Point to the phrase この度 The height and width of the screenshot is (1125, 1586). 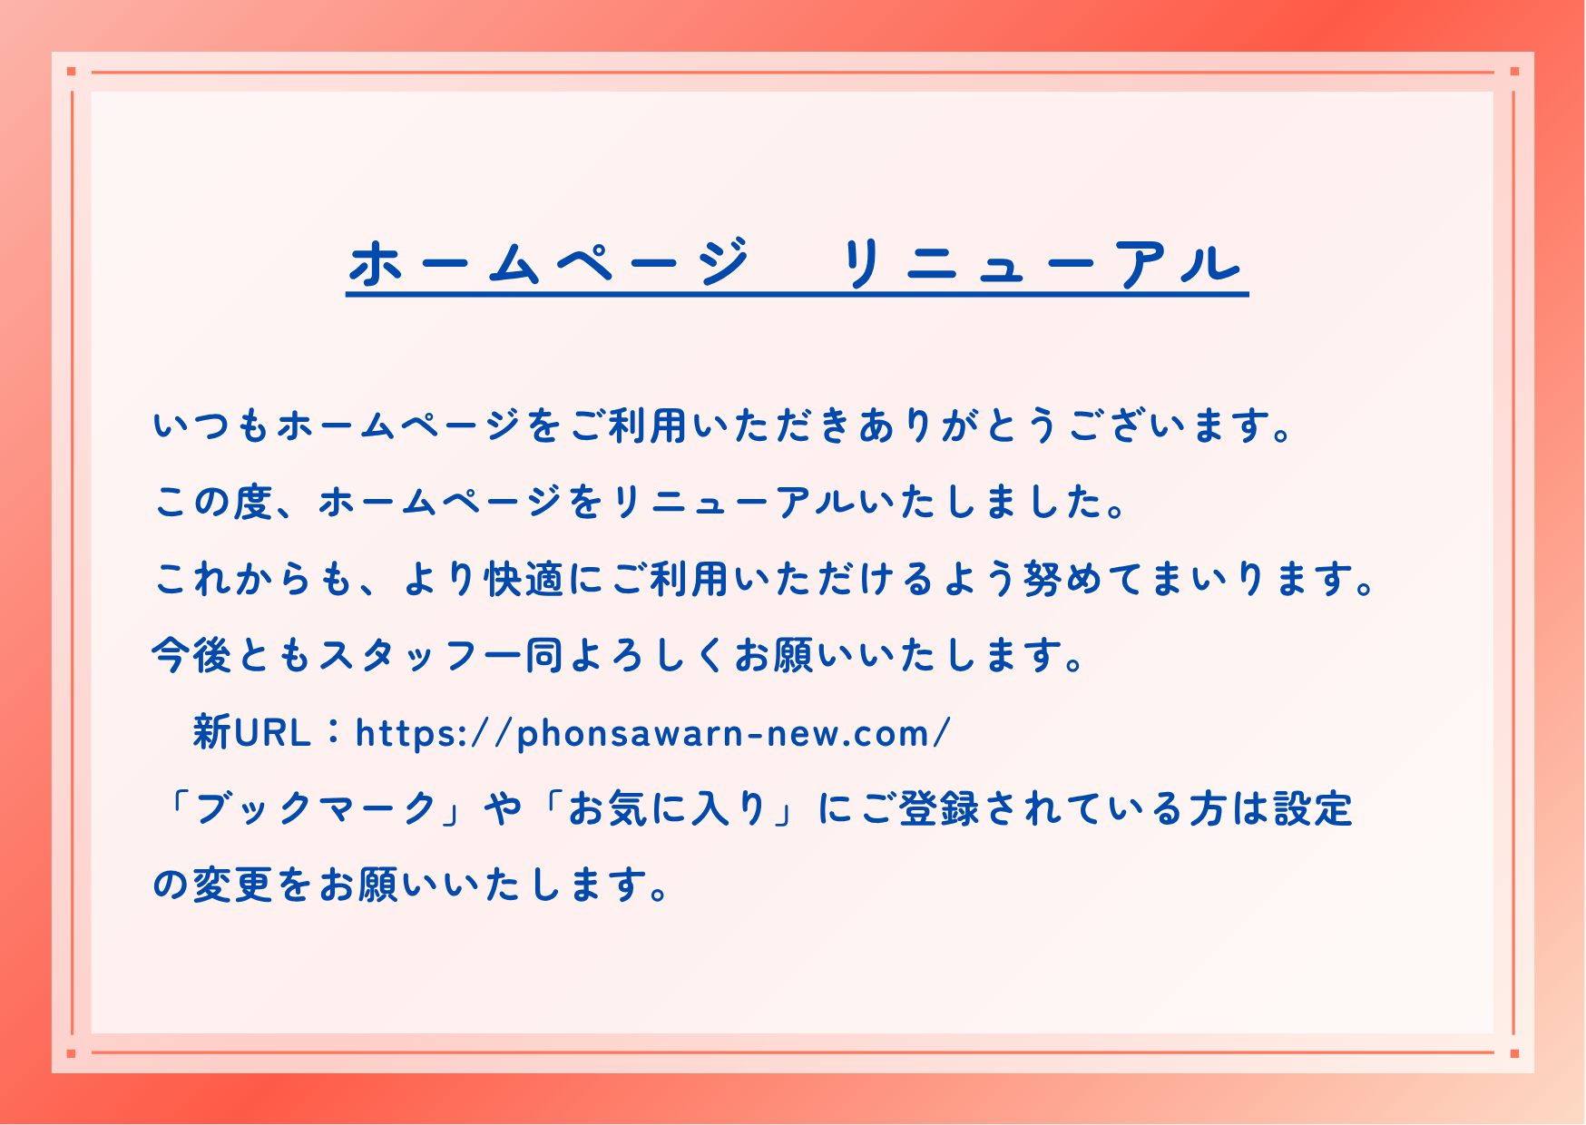(x=214, y=502)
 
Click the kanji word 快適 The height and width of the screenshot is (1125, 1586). (x=525, y=579)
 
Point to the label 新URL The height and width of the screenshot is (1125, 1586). (x=252, y=732)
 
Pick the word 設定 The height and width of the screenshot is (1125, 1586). (x=1313, y=808)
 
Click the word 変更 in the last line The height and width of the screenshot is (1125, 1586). (x=233, y=885)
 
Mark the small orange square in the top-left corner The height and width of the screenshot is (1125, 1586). (x=71, y=71)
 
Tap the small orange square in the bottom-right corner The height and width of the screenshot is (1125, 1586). (x=1514, y=1053)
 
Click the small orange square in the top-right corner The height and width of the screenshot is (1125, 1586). (x=1514, y=71)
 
